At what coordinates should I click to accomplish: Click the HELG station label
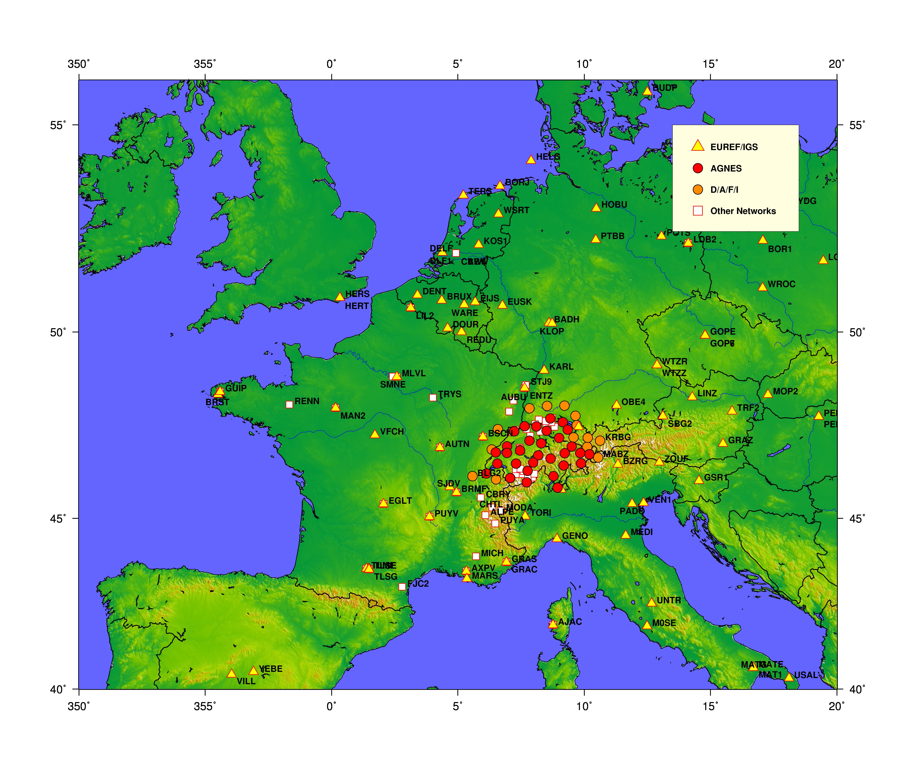[548, 156]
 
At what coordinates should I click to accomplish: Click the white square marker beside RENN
[289, 405]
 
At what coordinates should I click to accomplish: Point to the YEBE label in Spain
[271, 669]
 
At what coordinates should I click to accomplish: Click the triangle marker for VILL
[232, 674]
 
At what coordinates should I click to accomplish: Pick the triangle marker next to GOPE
[705, 335]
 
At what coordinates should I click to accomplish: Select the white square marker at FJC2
[402, 587]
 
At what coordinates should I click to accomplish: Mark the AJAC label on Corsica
[570, 622]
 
